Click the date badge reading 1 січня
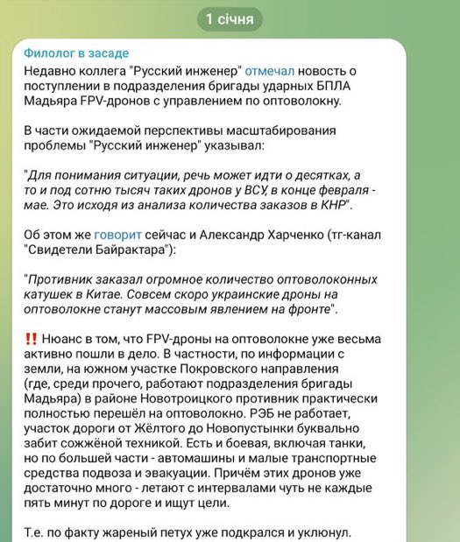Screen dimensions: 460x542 point(230,18)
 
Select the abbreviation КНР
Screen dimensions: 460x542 point(332,203)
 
